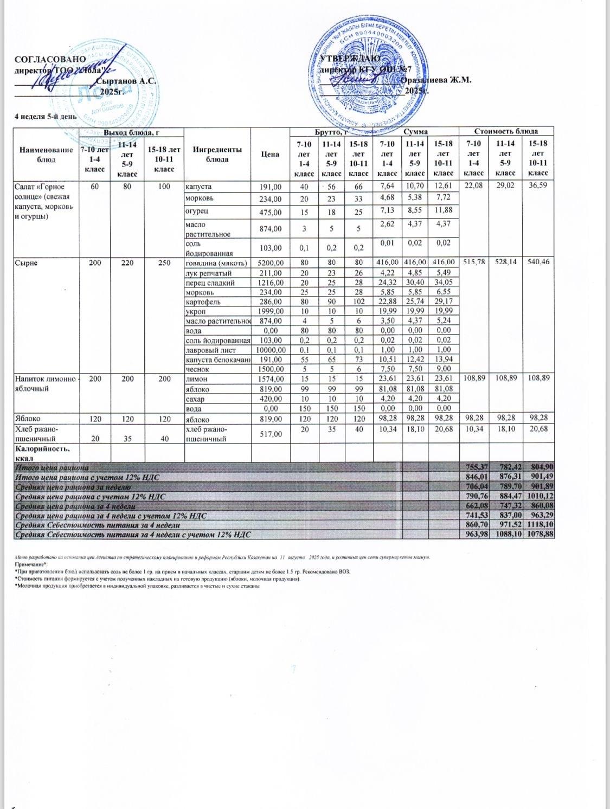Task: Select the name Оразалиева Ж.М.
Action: [436, 80]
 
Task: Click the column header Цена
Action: [270, 154]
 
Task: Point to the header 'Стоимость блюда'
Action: [506, 131]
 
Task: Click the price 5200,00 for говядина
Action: [270, 262]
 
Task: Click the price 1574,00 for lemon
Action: [270, 379]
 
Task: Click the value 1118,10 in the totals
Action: [539, 525]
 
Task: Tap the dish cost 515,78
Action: [474, 262]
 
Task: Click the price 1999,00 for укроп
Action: [270, 311]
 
